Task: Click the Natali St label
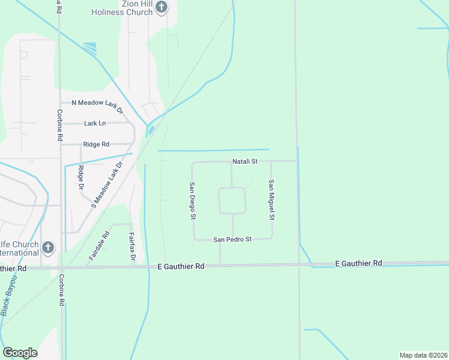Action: coord(245,161)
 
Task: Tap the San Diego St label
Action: coord(193,200)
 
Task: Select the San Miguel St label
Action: coord(271,199)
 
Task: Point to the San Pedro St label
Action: coord(232,239)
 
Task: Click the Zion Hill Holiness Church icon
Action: coord(161,7)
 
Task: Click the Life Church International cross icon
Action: coord(48,247)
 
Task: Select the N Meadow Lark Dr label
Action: coord(97,103)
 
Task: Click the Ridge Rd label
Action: coord(96,144)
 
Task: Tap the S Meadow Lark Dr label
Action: coord(107,184)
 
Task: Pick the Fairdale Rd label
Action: coord(100,245)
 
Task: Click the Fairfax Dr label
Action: coord(132,246)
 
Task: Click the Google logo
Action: coord(20,353)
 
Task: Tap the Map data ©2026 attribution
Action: coord(424,355)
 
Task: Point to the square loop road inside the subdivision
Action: coord(232,200)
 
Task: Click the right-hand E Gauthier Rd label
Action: coord(358,263)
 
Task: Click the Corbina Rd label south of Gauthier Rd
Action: coord(61,291)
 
